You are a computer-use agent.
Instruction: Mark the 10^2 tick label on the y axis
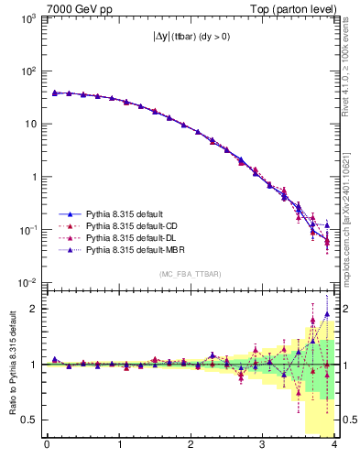28,71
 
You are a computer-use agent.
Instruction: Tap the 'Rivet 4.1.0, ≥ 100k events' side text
351,73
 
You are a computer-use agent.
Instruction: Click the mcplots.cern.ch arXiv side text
351,211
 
